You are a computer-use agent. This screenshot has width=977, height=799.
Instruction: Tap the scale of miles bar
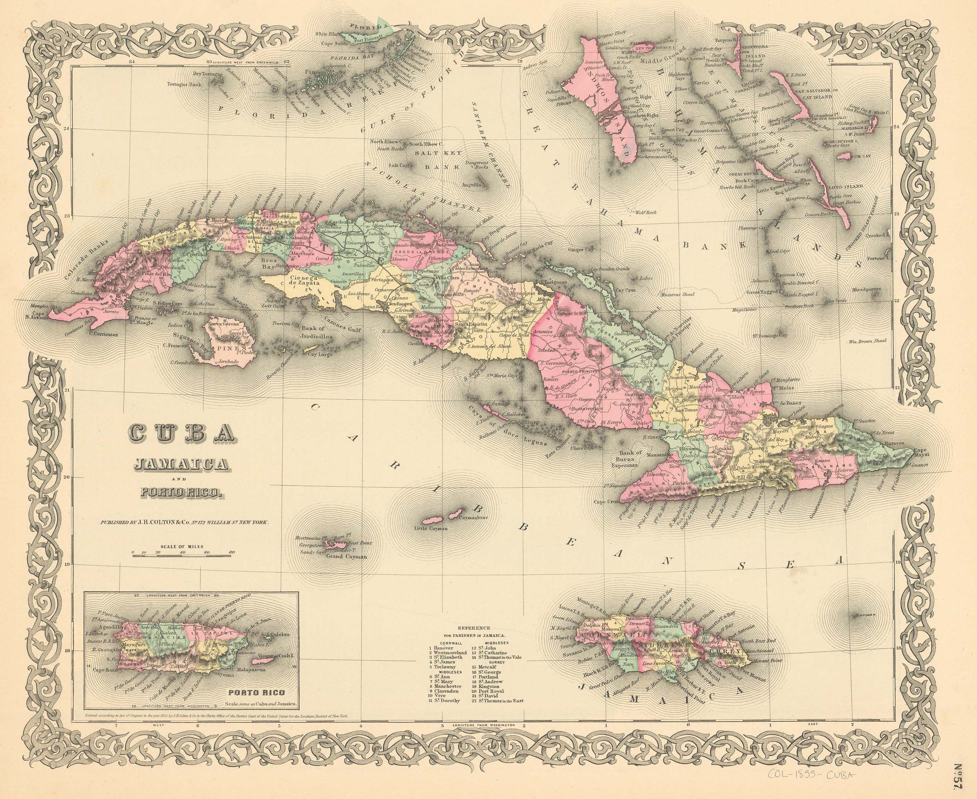[183, 556]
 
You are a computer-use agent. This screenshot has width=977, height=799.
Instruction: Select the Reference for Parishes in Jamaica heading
[474, 631]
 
